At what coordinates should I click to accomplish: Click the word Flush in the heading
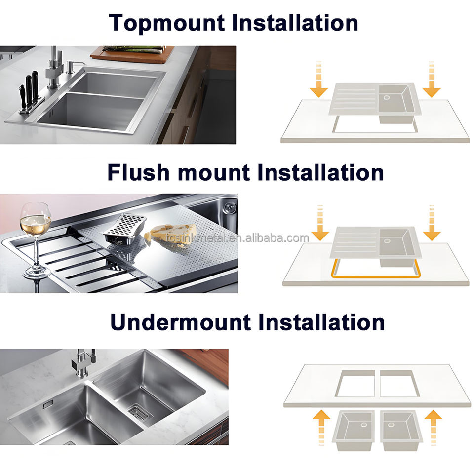pyautogui.click(x=138, y=173)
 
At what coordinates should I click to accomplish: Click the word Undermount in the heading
pyautogui.click(x=181, y=322)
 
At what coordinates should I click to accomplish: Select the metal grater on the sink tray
pyautogui.click(x=124, y=228)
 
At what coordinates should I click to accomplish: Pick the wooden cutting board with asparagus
pyautogui.click(x=132, y=54)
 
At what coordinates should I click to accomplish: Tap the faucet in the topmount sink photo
pyautogui.click(x=54, y=68)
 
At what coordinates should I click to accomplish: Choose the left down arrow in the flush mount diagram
pyautogui.click(x=320, y=223)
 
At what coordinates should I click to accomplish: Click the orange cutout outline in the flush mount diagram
pyautogui.click(x=376, y=276)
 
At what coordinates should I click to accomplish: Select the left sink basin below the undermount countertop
pyautogui.click(x=354, y=430)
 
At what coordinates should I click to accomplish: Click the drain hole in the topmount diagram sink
pyautogui.click(x=386, y=97)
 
